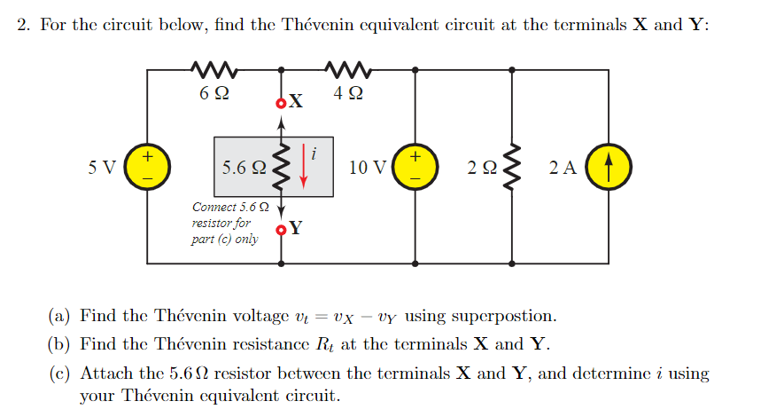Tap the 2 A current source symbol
[610, 167]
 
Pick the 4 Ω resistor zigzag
[347, 67]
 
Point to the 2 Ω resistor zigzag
[511, 167]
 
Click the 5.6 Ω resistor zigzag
[282, 167]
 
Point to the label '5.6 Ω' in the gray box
[244, 168]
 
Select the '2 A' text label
[563, 168]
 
